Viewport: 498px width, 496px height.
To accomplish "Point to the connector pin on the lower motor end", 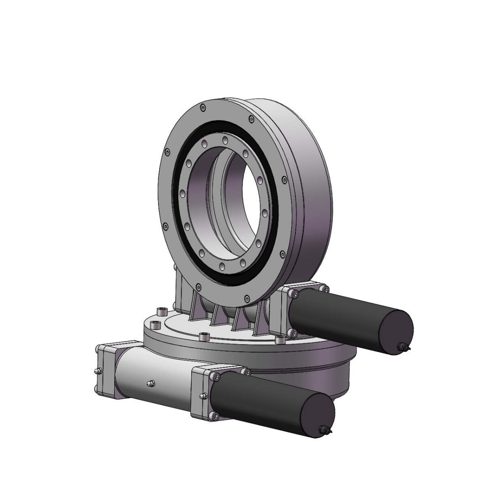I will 326,430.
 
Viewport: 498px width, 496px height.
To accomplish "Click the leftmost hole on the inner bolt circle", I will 183,193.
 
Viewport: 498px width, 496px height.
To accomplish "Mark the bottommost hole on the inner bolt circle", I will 222,266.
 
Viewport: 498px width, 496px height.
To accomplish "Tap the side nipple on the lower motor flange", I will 201,397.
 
